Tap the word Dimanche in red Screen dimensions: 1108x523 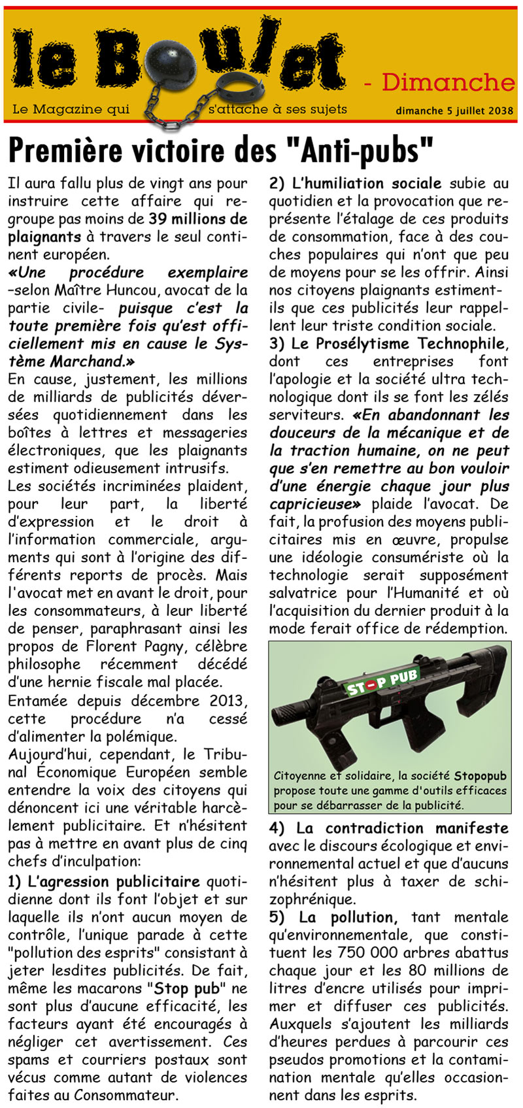(x=448, y=82)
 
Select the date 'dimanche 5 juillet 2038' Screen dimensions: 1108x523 (x=454, y=110)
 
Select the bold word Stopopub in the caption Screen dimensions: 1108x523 (x=481, y=776)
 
